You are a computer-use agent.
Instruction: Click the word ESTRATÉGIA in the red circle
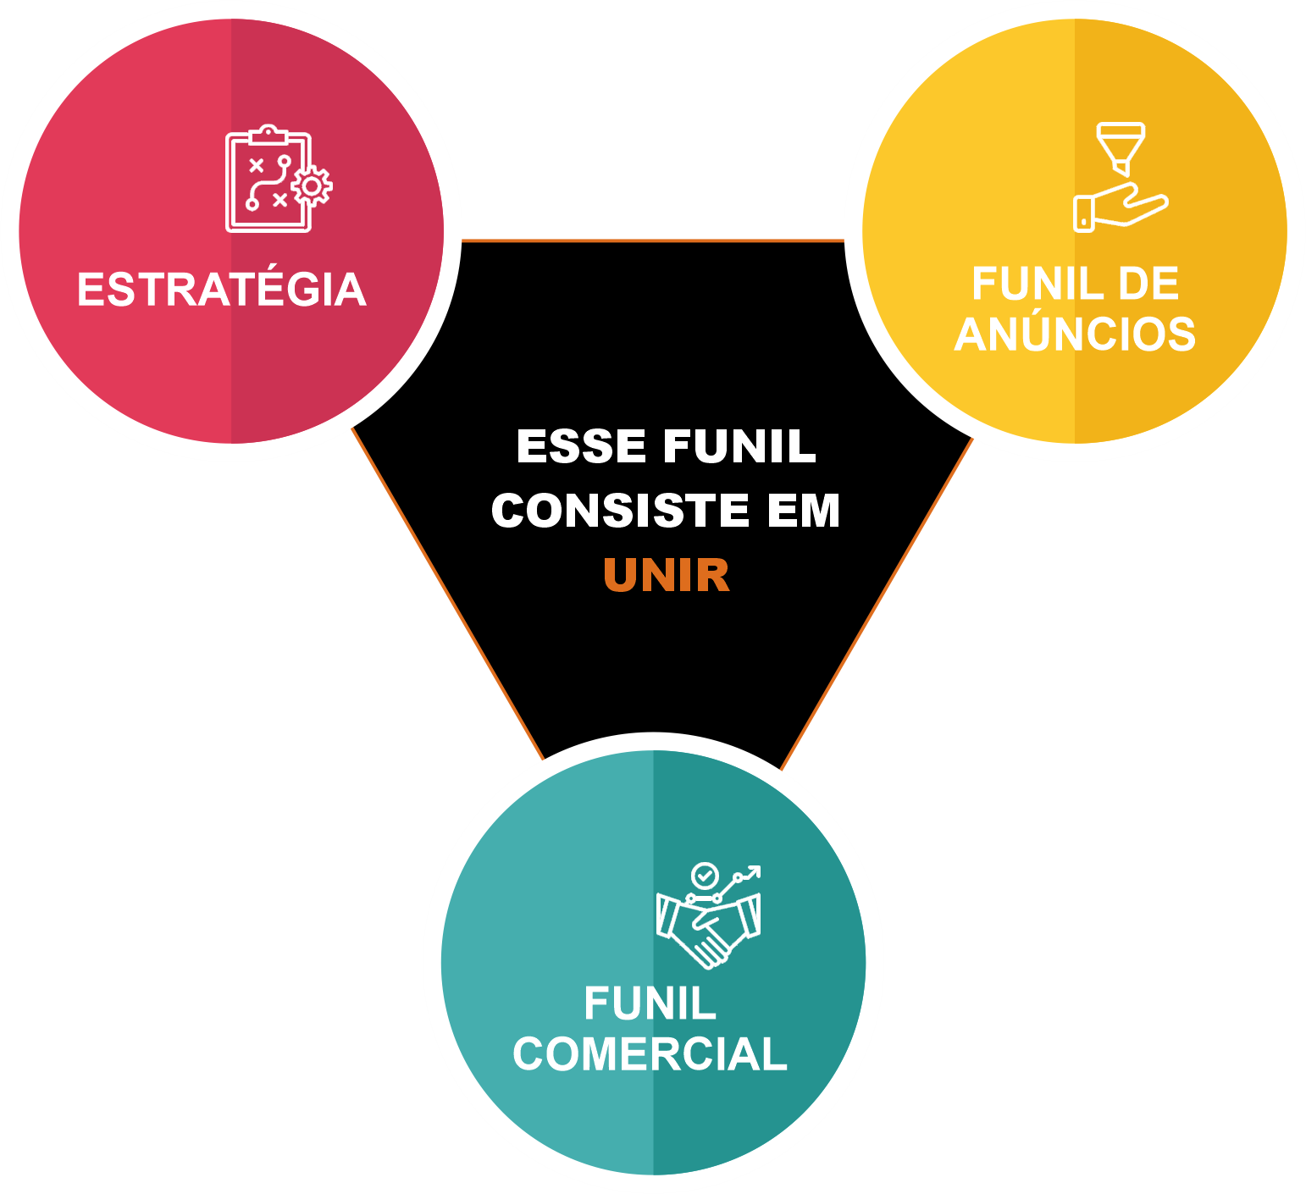point(221,290)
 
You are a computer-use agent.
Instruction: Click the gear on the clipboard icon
point(312,186)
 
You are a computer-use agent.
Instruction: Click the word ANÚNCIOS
point(1075,334)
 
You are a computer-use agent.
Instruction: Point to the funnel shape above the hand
point(1121,146)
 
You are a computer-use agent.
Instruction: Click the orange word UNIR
point(667,576)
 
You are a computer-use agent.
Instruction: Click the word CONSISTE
point(620,511)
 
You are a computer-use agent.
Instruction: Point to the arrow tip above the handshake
point(756,870)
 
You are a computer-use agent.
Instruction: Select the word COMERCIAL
point(650,1054)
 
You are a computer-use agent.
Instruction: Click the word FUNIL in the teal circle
point(650,1004)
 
